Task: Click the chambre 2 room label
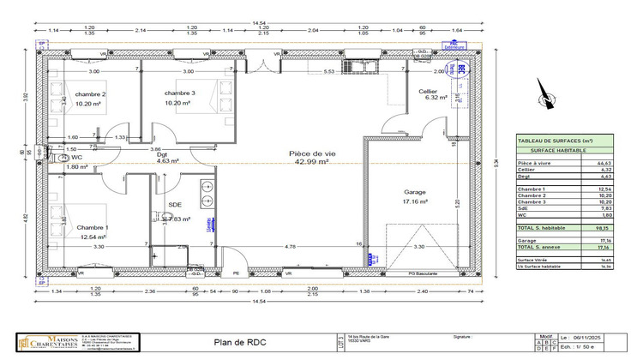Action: [x=90, y=94]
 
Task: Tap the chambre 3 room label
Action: [x=180, y=93]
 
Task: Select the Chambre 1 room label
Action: [x=92, y=227]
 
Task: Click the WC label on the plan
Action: [x=76, y=158]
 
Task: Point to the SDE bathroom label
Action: [x=175, y=205]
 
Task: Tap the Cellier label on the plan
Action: [x=428, y=92]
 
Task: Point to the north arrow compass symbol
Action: [x=543, y=96]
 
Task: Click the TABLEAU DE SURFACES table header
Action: [x=555, y=141]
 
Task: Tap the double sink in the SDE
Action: [x=207, y=195]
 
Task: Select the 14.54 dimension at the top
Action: [x=257, y=24]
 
